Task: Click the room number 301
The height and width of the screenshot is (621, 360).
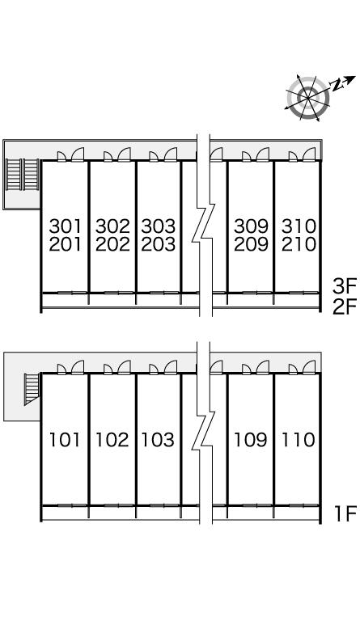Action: click(x=65, y=226)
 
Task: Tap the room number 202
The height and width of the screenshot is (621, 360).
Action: click(x=113, y=244)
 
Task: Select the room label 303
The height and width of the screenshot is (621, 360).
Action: click(x=159, y=226)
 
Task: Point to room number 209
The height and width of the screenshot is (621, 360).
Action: click(x=251, y=244)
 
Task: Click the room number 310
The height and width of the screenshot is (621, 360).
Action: click(x=299, y=226)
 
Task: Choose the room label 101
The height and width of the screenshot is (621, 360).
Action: click(x=65, y=440)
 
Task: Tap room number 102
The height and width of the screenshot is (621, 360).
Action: click(x=112, y=440)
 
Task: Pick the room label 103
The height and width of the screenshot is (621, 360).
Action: click(x=158, y=440)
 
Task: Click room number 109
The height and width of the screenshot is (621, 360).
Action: click(x=251, y=440)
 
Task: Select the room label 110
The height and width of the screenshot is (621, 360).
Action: click(x=299, y=440)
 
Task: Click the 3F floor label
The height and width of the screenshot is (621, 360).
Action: click(x=345, y=285)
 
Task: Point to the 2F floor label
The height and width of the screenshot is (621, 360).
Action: click(x=345, y=306)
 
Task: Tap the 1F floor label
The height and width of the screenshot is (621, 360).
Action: click(x=345, y=514)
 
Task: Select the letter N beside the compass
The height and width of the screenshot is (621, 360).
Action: click(x=337, y=84)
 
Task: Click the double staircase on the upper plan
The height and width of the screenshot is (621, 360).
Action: click(x=23, y=175)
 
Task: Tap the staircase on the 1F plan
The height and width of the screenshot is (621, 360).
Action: click(x=32, y=389)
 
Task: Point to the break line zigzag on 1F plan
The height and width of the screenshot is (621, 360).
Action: click(x=204, y=433)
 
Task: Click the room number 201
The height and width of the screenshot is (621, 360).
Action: click(x=65, y=244)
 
